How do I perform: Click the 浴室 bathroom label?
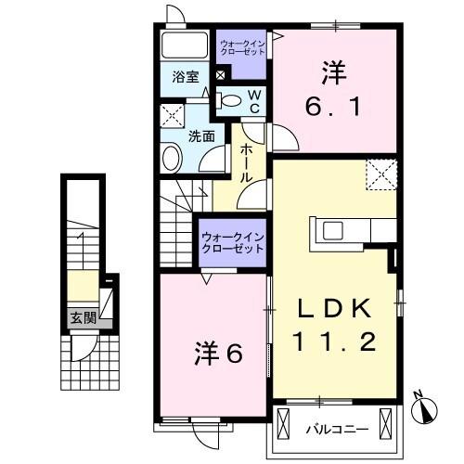(186, 78)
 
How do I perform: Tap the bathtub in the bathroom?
(187, 46)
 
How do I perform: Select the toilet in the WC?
(231, 100)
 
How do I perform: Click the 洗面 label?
(202, 135)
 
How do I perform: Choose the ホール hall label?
(248, 164)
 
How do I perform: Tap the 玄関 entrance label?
(83, 317)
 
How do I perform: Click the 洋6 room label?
(218, 353)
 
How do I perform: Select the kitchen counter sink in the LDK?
(335, 230)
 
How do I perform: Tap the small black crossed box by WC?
(220, 75)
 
